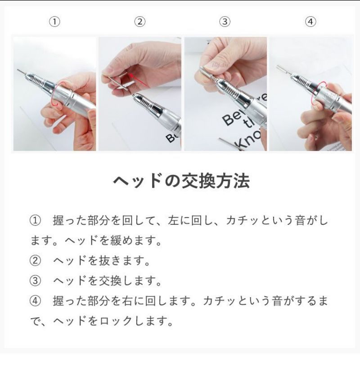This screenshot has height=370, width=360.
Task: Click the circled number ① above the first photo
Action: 54,22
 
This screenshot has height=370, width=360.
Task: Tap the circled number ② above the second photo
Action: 140,22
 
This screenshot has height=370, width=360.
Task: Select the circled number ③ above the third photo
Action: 225,22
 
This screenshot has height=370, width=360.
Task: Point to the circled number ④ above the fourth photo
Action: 310,22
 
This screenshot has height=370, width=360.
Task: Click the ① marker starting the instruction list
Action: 36,221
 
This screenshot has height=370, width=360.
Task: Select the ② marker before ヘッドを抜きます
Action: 36,261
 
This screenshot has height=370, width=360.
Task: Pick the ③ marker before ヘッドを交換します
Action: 36,281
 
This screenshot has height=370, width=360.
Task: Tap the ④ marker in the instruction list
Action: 36,301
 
